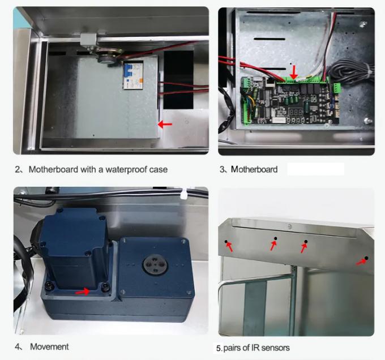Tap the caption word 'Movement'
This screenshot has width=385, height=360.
pos(49,346)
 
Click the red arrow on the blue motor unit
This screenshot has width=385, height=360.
pos(83,292)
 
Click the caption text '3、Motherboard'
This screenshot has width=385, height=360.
pos(249,169)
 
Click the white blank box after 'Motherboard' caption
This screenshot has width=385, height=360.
pos(315,169)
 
